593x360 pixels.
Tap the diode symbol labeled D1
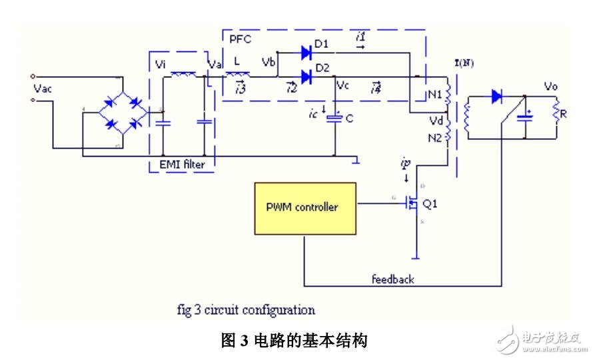[306, 52]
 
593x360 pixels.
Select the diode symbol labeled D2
[306, 77]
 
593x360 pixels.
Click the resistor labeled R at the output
[556, 114]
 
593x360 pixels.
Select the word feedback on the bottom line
[392, 279]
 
